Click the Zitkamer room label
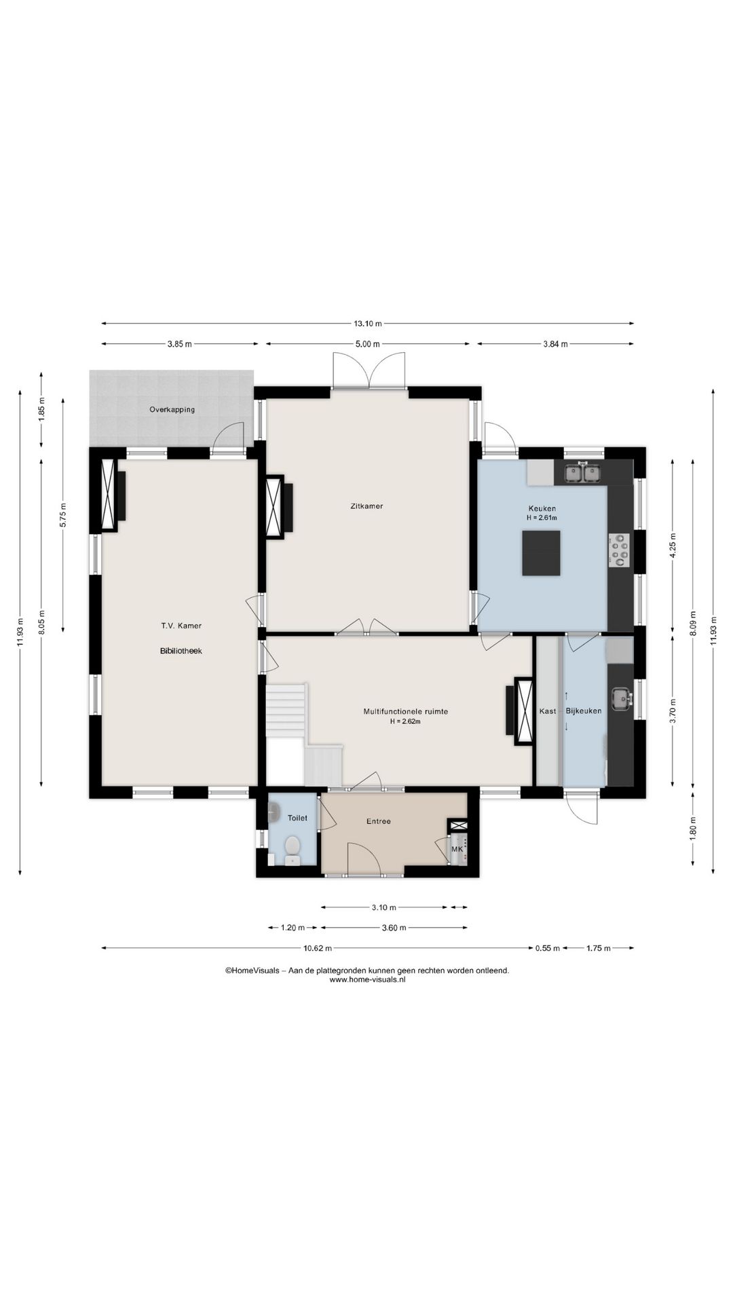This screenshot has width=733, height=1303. tap(366, 506)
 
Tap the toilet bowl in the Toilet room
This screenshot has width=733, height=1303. tap(293, 846)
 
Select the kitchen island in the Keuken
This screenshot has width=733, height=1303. tap(542, 552)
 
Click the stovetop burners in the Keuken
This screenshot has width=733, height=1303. tap(620, 550)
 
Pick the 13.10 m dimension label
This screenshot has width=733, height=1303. tap(367, 323)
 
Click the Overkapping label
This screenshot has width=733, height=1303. tap(172, 409)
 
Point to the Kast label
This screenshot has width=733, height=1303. tap(547, 711)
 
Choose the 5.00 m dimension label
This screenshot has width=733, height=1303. tap(367, 344)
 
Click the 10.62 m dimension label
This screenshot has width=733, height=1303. tap(318, 948)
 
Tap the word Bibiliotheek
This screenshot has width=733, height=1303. tap(176, 651)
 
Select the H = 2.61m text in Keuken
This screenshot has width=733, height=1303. tap(542, 518)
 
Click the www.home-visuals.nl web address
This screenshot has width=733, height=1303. tap(367, 979)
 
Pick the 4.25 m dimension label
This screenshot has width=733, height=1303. tap(673, 546)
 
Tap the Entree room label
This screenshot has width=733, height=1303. tap(379, 821)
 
